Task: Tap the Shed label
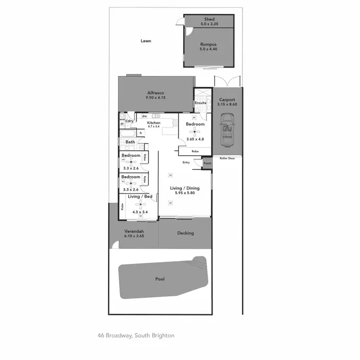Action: click(209, 19)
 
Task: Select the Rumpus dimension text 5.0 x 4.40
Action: click(209, 49)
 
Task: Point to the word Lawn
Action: click(146, 41)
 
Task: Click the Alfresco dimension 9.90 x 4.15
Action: click(156, 97)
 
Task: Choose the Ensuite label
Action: click(200, 103)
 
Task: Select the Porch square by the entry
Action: click(207, 163)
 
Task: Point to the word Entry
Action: click(186, 162)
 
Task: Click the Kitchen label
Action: click(154, 123)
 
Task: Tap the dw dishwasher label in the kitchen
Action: click(144, 116)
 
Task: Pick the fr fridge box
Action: click(141, 133)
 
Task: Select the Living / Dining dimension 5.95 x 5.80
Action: click(185, 193)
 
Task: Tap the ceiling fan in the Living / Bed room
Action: click(141, 205)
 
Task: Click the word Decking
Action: click(185, 233)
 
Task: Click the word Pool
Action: click(160, 279)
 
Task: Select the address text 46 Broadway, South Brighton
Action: click(136, 336)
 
